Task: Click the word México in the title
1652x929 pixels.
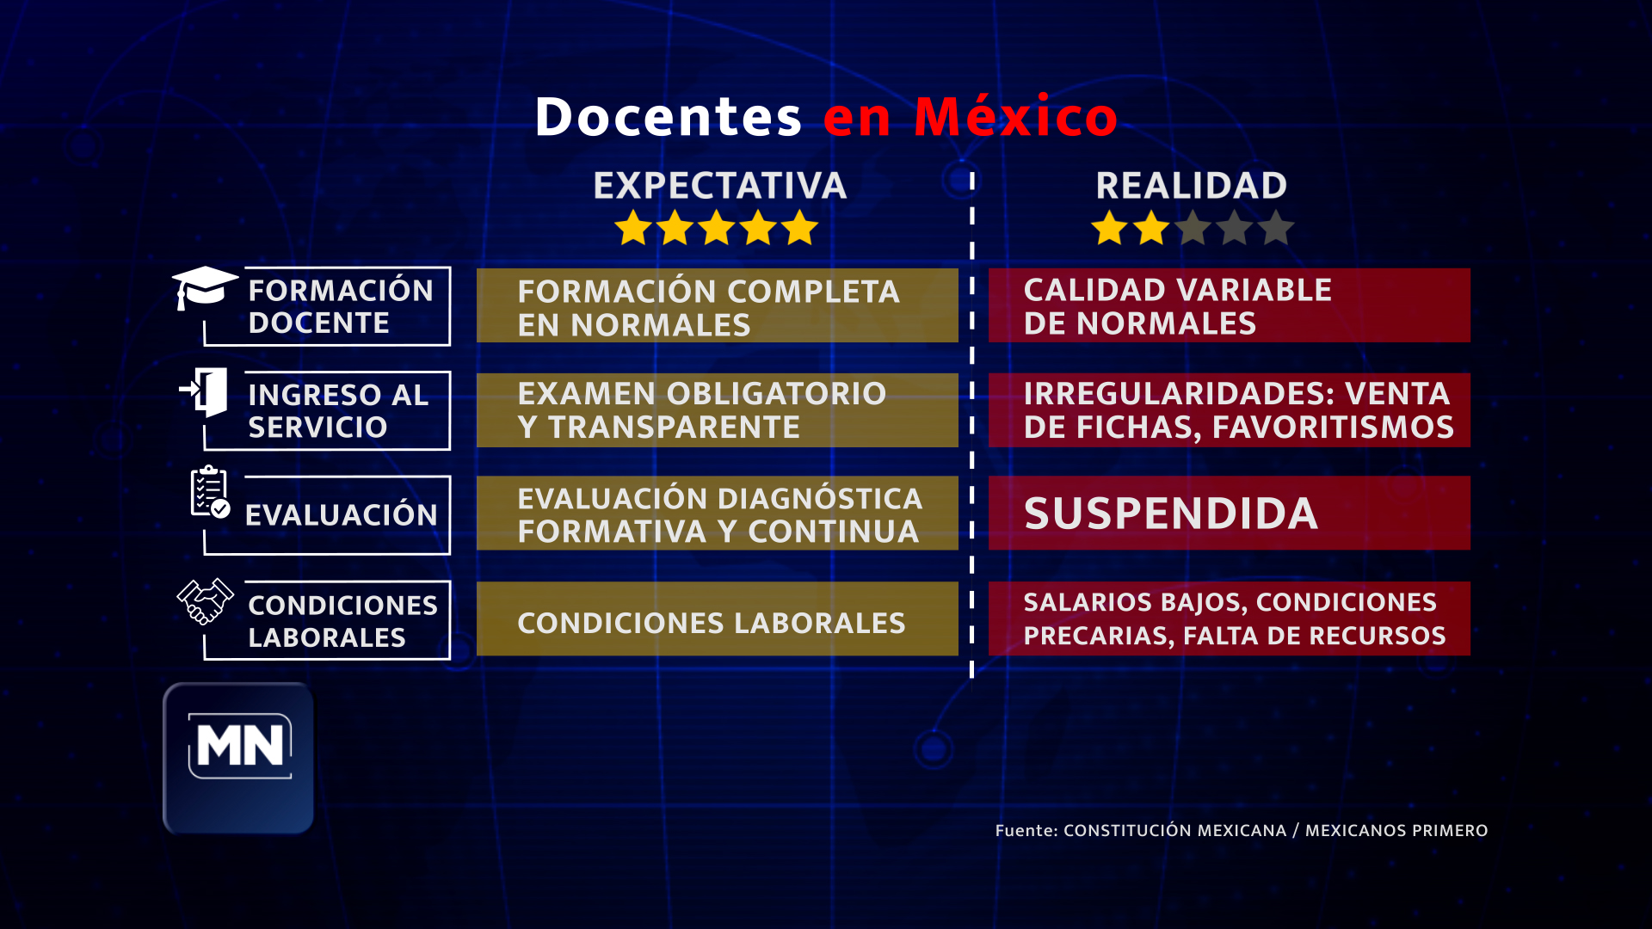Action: [x=1015, y=116]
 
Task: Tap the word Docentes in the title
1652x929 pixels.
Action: [x=669, y=117]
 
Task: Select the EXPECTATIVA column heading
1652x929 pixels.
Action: [x=720, y=186]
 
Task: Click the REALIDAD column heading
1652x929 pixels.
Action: [x=1192, y=186]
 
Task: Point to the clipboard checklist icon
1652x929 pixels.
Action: [x=210, y=492]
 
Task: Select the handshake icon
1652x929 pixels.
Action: [x=205, y=600]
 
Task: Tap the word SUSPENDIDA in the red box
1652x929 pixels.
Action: [x=1171, y=514]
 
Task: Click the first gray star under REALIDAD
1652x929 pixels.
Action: [x=1193, y=228]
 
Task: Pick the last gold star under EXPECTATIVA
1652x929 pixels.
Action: [x=800, y=228]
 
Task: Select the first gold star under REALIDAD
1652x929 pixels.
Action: [x=1110, y=228]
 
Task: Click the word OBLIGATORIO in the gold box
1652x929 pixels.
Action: [x=776, y=394]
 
